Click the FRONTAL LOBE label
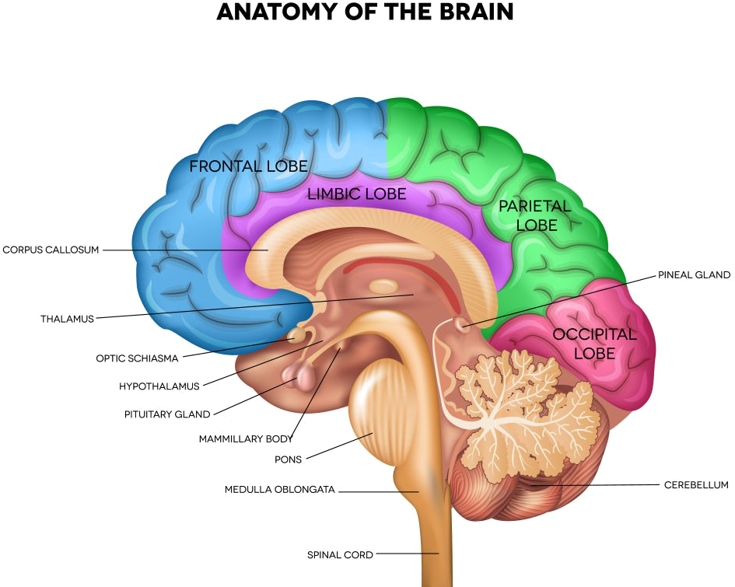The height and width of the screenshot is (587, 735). pyautogui.click(x=248, y=166)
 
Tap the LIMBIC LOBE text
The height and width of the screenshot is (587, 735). pyautogui.click(x=356, y=194)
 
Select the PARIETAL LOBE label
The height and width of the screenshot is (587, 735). pyautogui.click(x=535, y=215)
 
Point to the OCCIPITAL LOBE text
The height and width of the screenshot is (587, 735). pyautogui.click(x=594, y=344)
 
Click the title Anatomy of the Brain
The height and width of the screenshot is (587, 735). pyautogui.click(x=366, y=13)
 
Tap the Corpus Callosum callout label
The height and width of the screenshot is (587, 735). pyautogui.click(x=51, y=250)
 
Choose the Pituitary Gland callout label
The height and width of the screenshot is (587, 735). pyautogui.click(x=167, y=414)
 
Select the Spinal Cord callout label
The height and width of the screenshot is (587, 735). pyautogui.click(x=340, y=554)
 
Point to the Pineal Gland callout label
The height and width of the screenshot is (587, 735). pyautogui.click(x=693, y=274)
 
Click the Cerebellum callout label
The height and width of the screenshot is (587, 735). pyautogui.click(x=695, y=486)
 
